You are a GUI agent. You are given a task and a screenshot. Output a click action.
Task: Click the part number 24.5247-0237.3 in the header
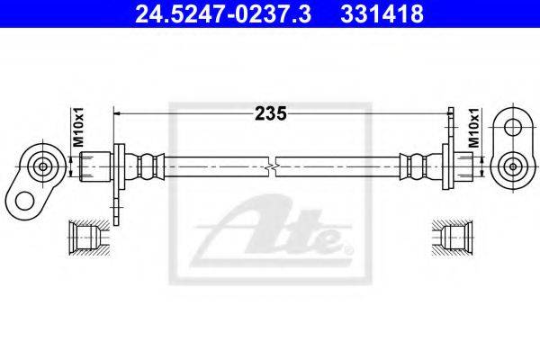pyautogui.click(x=223, y=14)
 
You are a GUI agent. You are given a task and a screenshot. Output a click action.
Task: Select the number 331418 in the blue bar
pyautogui.click(x=382, y=14)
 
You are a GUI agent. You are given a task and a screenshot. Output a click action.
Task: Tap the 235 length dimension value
pyautogui.click(x=270, y=113)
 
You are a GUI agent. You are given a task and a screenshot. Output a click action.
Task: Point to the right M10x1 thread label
pyautogui.click(x=474, y=128)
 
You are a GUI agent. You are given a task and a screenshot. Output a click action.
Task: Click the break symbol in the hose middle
pyautogui.click(x=272, y=167)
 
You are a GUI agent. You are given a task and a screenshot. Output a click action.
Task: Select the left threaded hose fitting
pyautogui.click(x=95, y=167)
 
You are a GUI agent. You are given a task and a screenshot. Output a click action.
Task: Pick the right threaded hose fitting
pyautogui.click(x=464, y=166)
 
